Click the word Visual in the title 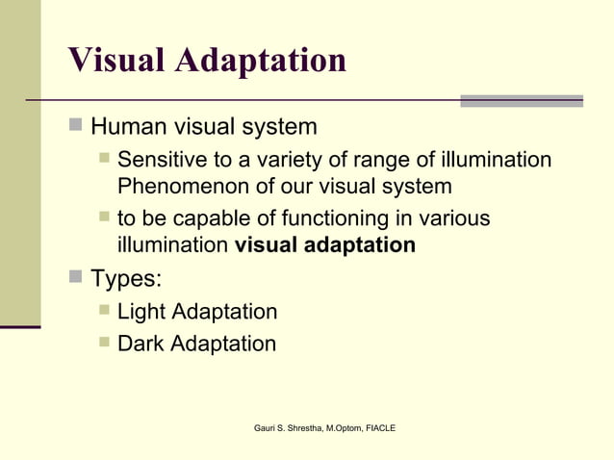117,60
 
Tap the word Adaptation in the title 262,60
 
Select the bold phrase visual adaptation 325,244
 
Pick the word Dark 141,343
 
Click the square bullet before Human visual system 75,125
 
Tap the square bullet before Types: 75,278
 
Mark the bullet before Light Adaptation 104,310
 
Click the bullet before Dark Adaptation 104,341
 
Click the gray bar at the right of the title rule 521,100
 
